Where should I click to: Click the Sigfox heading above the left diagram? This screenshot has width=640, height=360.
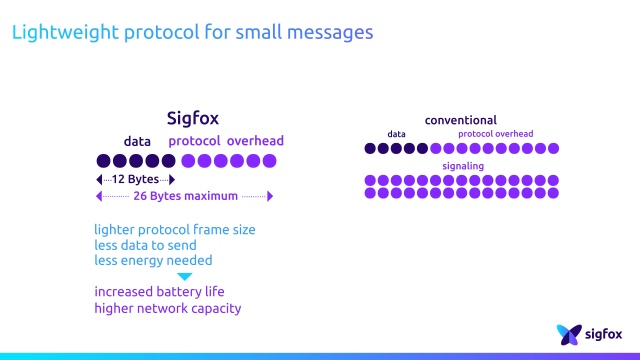click(x=192, y=119)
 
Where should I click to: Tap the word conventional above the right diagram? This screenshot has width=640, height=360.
click(x=460, y=120)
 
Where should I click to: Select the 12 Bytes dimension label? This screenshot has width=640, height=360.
click(x=135, y=179)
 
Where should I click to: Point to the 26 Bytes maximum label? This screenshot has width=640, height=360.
click(x=186, y=196)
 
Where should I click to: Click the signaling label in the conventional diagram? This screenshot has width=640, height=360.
click(x=463, y=166)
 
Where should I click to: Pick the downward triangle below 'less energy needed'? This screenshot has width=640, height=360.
click(x=184, y=276)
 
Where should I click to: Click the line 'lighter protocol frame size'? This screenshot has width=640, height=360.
click(x=175, y=229)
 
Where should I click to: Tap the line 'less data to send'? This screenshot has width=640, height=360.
click(x=145, y=245)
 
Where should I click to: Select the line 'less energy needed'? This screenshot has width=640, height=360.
click(x=153, y=260)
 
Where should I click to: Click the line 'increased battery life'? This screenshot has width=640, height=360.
click(x=160, y=292)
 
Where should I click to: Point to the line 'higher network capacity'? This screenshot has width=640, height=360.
click(x=168, y=308)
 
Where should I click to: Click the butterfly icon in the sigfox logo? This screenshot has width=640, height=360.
click(x=569, y=333)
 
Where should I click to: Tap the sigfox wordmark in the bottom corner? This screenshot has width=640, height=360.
click(x=605, y=333)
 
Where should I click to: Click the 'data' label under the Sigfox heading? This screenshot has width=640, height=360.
click(x=137, y=141)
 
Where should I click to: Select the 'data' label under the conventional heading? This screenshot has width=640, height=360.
click(x=397, y=134)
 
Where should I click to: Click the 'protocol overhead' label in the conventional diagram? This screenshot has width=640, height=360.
click(x=496, y=134)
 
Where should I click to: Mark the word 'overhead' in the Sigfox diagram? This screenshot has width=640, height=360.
click(x=255, y=141)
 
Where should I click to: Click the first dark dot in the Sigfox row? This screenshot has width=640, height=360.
click(x=103, y=161)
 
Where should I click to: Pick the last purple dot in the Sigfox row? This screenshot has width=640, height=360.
click(x=268, y=161)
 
